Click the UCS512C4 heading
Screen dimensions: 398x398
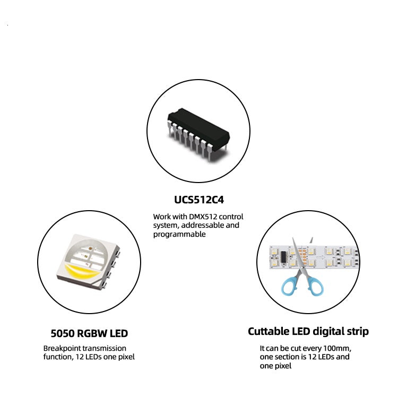tap(198, 201)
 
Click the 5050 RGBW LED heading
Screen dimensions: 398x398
tap(89, 334)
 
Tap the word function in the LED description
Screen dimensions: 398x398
tap(57, 357)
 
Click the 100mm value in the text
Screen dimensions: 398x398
tap(338, 348)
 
